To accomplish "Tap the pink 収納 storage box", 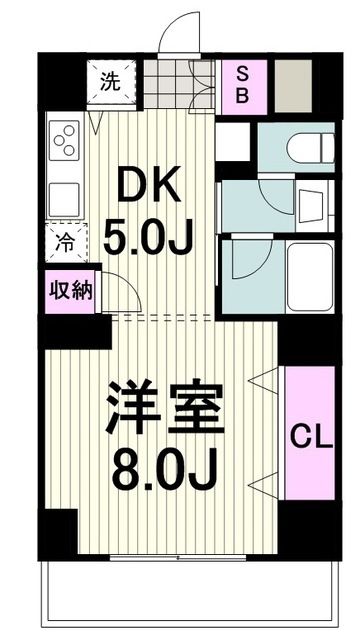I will point(68,291).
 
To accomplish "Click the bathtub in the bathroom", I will point(310,272).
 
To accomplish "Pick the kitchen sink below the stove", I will point(62,195).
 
